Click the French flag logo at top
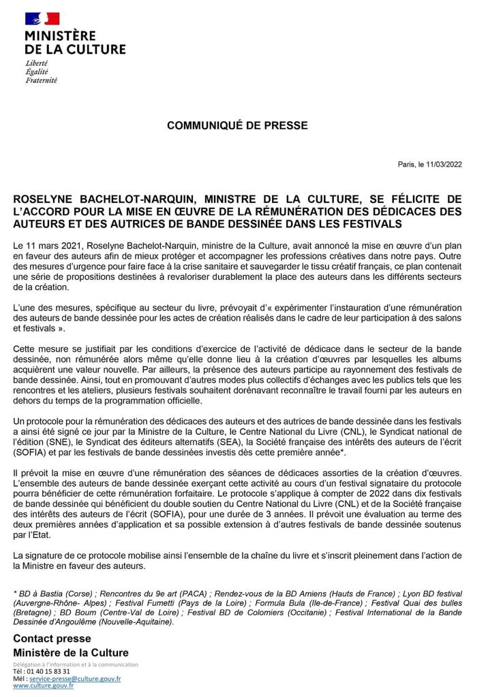tap(42, 19)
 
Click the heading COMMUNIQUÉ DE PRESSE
tap(237, 125)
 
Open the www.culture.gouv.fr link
tap(44, 685)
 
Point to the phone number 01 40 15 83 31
tap(47, 671)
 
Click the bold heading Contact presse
tap(52, 638)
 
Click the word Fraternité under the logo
tap(41, 80)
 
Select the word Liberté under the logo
tap(37, 63)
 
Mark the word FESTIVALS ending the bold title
tap(368, 224)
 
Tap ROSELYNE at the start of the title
tap(42, 198)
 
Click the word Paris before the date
tap(406, 165)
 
